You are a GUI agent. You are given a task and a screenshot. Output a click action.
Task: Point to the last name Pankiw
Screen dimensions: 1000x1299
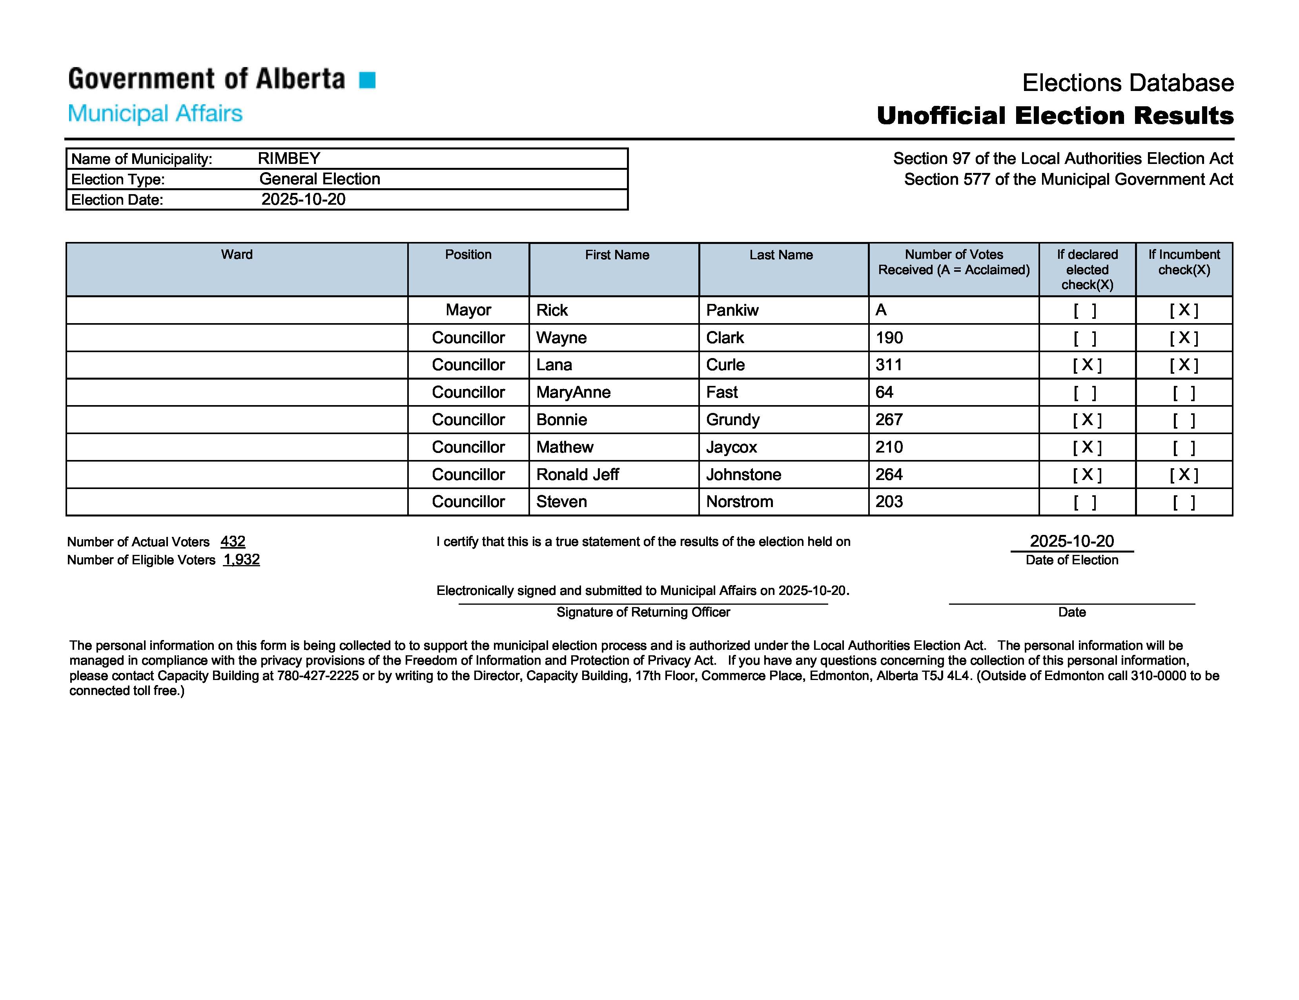(732, 310)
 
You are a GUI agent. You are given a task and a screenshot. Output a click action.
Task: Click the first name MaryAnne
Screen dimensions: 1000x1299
(573, 393)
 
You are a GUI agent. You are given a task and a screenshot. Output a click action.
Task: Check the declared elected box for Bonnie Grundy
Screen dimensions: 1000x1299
(1087, 420)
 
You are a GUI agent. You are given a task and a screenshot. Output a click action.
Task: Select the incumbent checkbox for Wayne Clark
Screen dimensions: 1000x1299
(1184, 338)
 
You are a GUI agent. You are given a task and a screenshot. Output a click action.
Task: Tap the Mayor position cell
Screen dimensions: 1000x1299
(468, 310)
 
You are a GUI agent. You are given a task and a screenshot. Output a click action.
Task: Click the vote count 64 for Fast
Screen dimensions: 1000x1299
(884, 393)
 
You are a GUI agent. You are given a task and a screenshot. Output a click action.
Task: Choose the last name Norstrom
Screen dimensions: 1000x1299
(739, 502)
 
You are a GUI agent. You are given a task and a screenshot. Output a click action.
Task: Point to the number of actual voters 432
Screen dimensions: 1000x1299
(233, 542)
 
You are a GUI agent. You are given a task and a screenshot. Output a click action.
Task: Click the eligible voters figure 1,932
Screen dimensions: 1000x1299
(242, 560)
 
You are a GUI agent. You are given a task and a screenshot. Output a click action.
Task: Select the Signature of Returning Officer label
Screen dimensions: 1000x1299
(643, 613)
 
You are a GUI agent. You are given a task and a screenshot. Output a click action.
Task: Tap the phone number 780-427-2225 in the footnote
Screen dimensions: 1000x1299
(318, 676)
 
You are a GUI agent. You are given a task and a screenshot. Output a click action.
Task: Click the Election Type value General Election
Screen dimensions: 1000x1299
(319, 179)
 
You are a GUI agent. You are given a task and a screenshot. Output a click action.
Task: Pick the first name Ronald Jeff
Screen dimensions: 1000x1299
(578, 475)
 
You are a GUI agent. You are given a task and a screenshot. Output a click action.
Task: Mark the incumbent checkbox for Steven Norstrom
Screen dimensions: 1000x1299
(1184, 502)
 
